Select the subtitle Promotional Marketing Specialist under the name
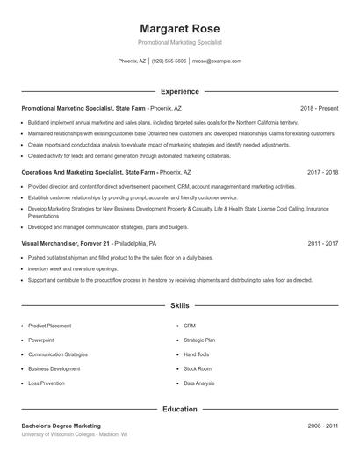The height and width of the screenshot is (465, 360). click(180, 42)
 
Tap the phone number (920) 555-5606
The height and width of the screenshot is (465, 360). click(169, 61)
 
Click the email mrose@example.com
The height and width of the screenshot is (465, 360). click(216, 61)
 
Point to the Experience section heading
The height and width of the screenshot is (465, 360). click(180, 91)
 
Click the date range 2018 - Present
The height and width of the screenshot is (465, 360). click(319, 108)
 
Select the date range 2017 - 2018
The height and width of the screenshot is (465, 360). click(323, 173)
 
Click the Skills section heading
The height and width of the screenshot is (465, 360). click(180, 306)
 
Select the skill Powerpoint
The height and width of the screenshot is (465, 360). click(41, 340)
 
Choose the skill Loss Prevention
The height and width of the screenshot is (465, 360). click(47, 383)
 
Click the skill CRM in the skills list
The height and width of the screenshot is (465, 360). click(190, 325)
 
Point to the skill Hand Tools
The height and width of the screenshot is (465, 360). click(197, 354)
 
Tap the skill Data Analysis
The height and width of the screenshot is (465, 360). click(199, 383)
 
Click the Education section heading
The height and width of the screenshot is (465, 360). click(180, 409)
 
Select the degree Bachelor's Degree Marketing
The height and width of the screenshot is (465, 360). click(61, 426)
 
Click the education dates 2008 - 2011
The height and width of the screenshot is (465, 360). click(323, 426)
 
